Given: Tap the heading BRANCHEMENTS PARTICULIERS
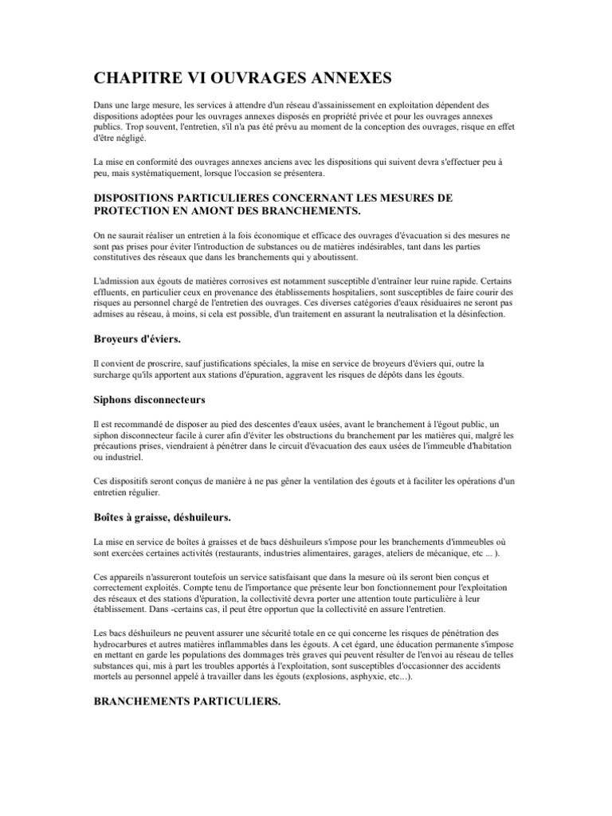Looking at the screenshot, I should click(186, 704).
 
